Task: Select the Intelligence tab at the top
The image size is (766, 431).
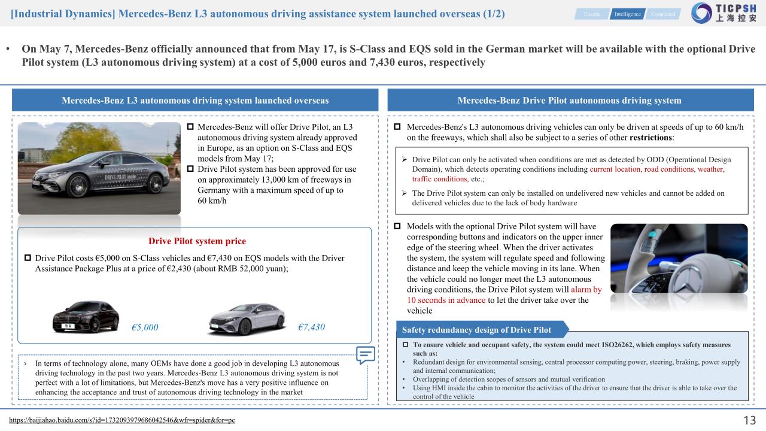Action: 627,14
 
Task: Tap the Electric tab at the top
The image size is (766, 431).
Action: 592,14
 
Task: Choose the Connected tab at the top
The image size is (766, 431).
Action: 663,14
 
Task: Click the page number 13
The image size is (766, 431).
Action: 748,420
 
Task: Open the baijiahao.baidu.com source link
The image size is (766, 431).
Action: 123,420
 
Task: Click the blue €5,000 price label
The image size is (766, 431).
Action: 145,327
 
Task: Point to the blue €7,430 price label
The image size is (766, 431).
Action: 311,327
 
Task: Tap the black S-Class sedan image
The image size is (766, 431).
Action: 85,315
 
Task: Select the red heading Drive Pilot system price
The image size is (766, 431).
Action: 197,241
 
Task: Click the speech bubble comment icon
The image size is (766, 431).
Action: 366,355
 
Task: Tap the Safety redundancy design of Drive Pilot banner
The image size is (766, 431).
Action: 476,330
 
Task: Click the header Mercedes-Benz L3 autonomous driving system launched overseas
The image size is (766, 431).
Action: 195,101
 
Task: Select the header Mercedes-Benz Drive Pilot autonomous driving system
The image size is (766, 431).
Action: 569,101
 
